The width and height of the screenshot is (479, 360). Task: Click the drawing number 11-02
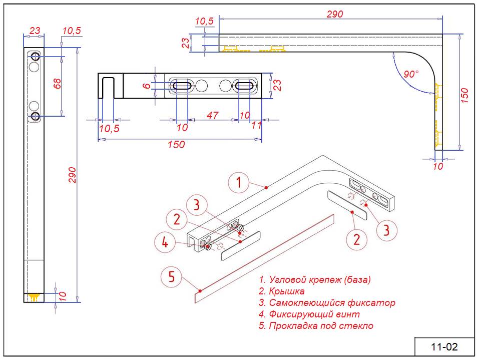pyautogui.click(x=444, y=346)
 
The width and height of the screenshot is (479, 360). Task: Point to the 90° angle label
pyautogui.click(x=411, y=74)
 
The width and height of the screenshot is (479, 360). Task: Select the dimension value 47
pyautogui.click(x=212, y=116)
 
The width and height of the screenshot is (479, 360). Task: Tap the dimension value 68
pyautogui.click(x=57, y=83)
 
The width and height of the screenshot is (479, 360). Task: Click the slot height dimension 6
pyautogui.click(x=146, y=86)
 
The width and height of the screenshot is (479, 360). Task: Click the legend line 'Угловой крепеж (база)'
pyautogui.click(x=315, y=279)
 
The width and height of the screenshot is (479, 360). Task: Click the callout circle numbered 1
pyautogui.click(x=239, y=183)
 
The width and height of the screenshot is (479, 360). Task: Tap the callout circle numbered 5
pyautogui.click(x=171, y=277)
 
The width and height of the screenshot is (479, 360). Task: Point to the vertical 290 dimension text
pyautogui.click(x=72, y=173)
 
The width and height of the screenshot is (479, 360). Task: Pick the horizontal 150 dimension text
pyautogui.click(x=177, y=145)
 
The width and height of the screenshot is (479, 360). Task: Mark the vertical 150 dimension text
pyautogui.click(x=464, y=96)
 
